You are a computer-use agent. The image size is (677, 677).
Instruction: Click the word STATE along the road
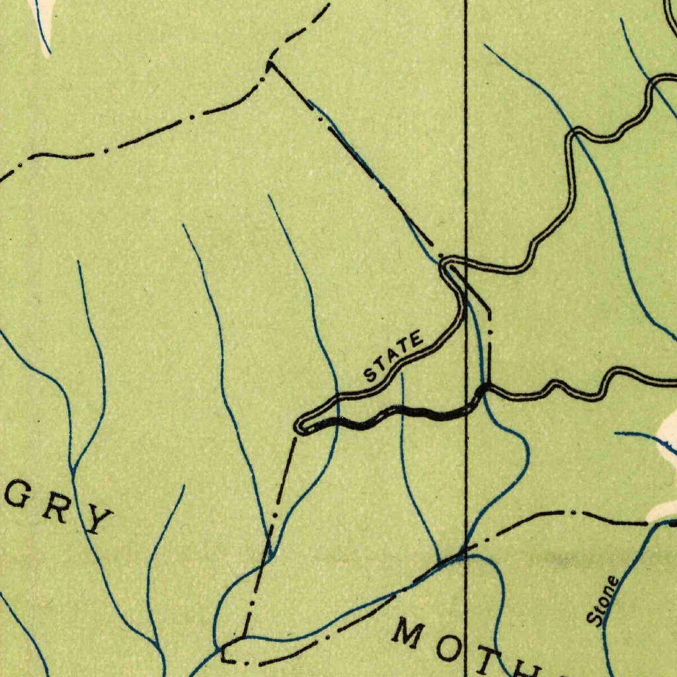point(394,358)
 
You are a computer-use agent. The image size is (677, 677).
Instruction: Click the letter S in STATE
point(371,376)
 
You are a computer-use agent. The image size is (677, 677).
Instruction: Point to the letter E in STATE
point(416,342)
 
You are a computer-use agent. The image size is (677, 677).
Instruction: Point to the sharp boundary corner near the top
point(269,63)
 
